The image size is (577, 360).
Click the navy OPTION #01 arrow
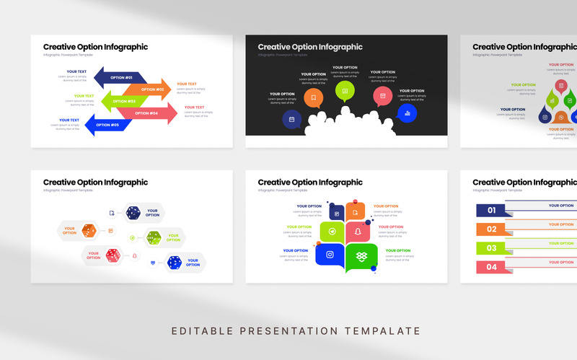tap(119, 77)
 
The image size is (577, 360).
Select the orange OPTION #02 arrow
tap(150, 89)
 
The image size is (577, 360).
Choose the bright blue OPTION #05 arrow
tap(107, 125)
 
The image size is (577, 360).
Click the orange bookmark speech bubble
tap(313, 97)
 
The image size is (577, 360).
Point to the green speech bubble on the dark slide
tap(345, 91)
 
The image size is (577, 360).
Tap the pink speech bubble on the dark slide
tap(382, 96)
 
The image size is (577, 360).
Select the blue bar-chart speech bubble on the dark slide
tap(407, 113)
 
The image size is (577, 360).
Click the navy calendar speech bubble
tap(291, 119)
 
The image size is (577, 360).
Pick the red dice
tap(113, 255)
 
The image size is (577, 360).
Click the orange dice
tap(89, 231)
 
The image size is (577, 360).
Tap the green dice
tap(154, 237)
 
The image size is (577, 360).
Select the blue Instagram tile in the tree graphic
tap(330, 254)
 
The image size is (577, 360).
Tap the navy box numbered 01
tap(491, 211)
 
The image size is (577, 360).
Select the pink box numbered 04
tap(491, 267)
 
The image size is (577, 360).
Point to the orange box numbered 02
tap(491, 229)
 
